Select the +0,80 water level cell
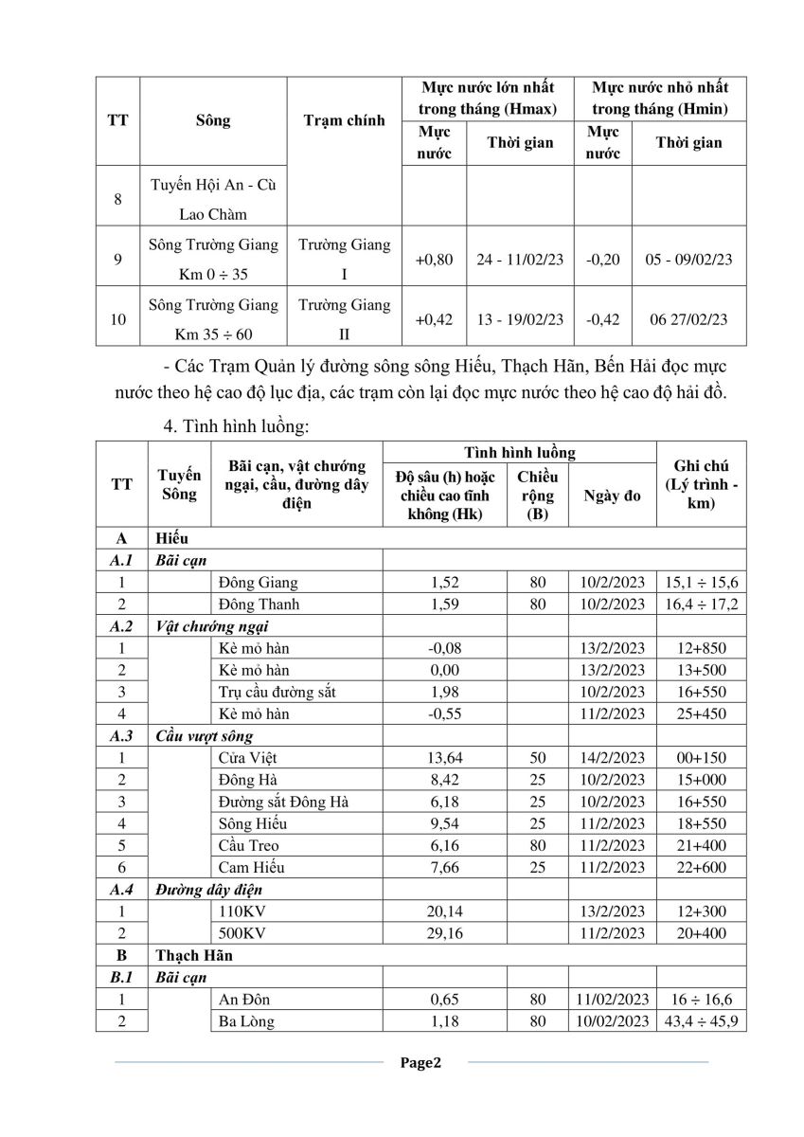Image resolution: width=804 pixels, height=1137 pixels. pyautogui.click(x=434, y=259)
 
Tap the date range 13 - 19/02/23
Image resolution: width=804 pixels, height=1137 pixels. pyautogui.click(x=520, y=319)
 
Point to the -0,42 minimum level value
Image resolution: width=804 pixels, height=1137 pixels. pyautogui.click(x=602, y=319)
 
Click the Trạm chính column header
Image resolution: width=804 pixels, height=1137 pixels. pyautogui.click(x=344, y=120)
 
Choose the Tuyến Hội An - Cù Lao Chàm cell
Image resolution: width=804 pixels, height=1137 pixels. pyautogui.click(x=212, y=197)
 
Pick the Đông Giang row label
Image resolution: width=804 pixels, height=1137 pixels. pyautogui.click(x=258, y=583)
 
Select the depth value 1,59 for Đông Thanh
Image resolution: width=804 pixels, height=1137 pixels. pyautogui.click(x=444, y=604)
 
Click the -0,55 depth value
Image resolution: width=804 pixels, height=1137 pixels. pyautogui.click(x=444, y=713)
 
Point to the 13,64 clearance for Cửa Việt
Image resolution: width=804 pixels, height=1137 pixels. pyautogui.click(x=444, y=757)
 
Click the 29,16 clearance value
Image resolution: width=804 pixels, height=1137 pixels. pyautogui.click(x=444, y=933)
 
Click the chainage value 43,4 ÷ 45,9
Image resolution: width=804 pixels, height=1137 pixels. pyautogui.click(x=702, y=1021)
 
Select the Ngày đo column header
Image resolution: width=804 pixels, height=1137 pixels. pyautogui.click(x=612, y=495)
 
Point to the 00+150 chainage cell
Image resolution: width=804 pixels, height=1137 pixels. pyautogui.click(x=702, y=757)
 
